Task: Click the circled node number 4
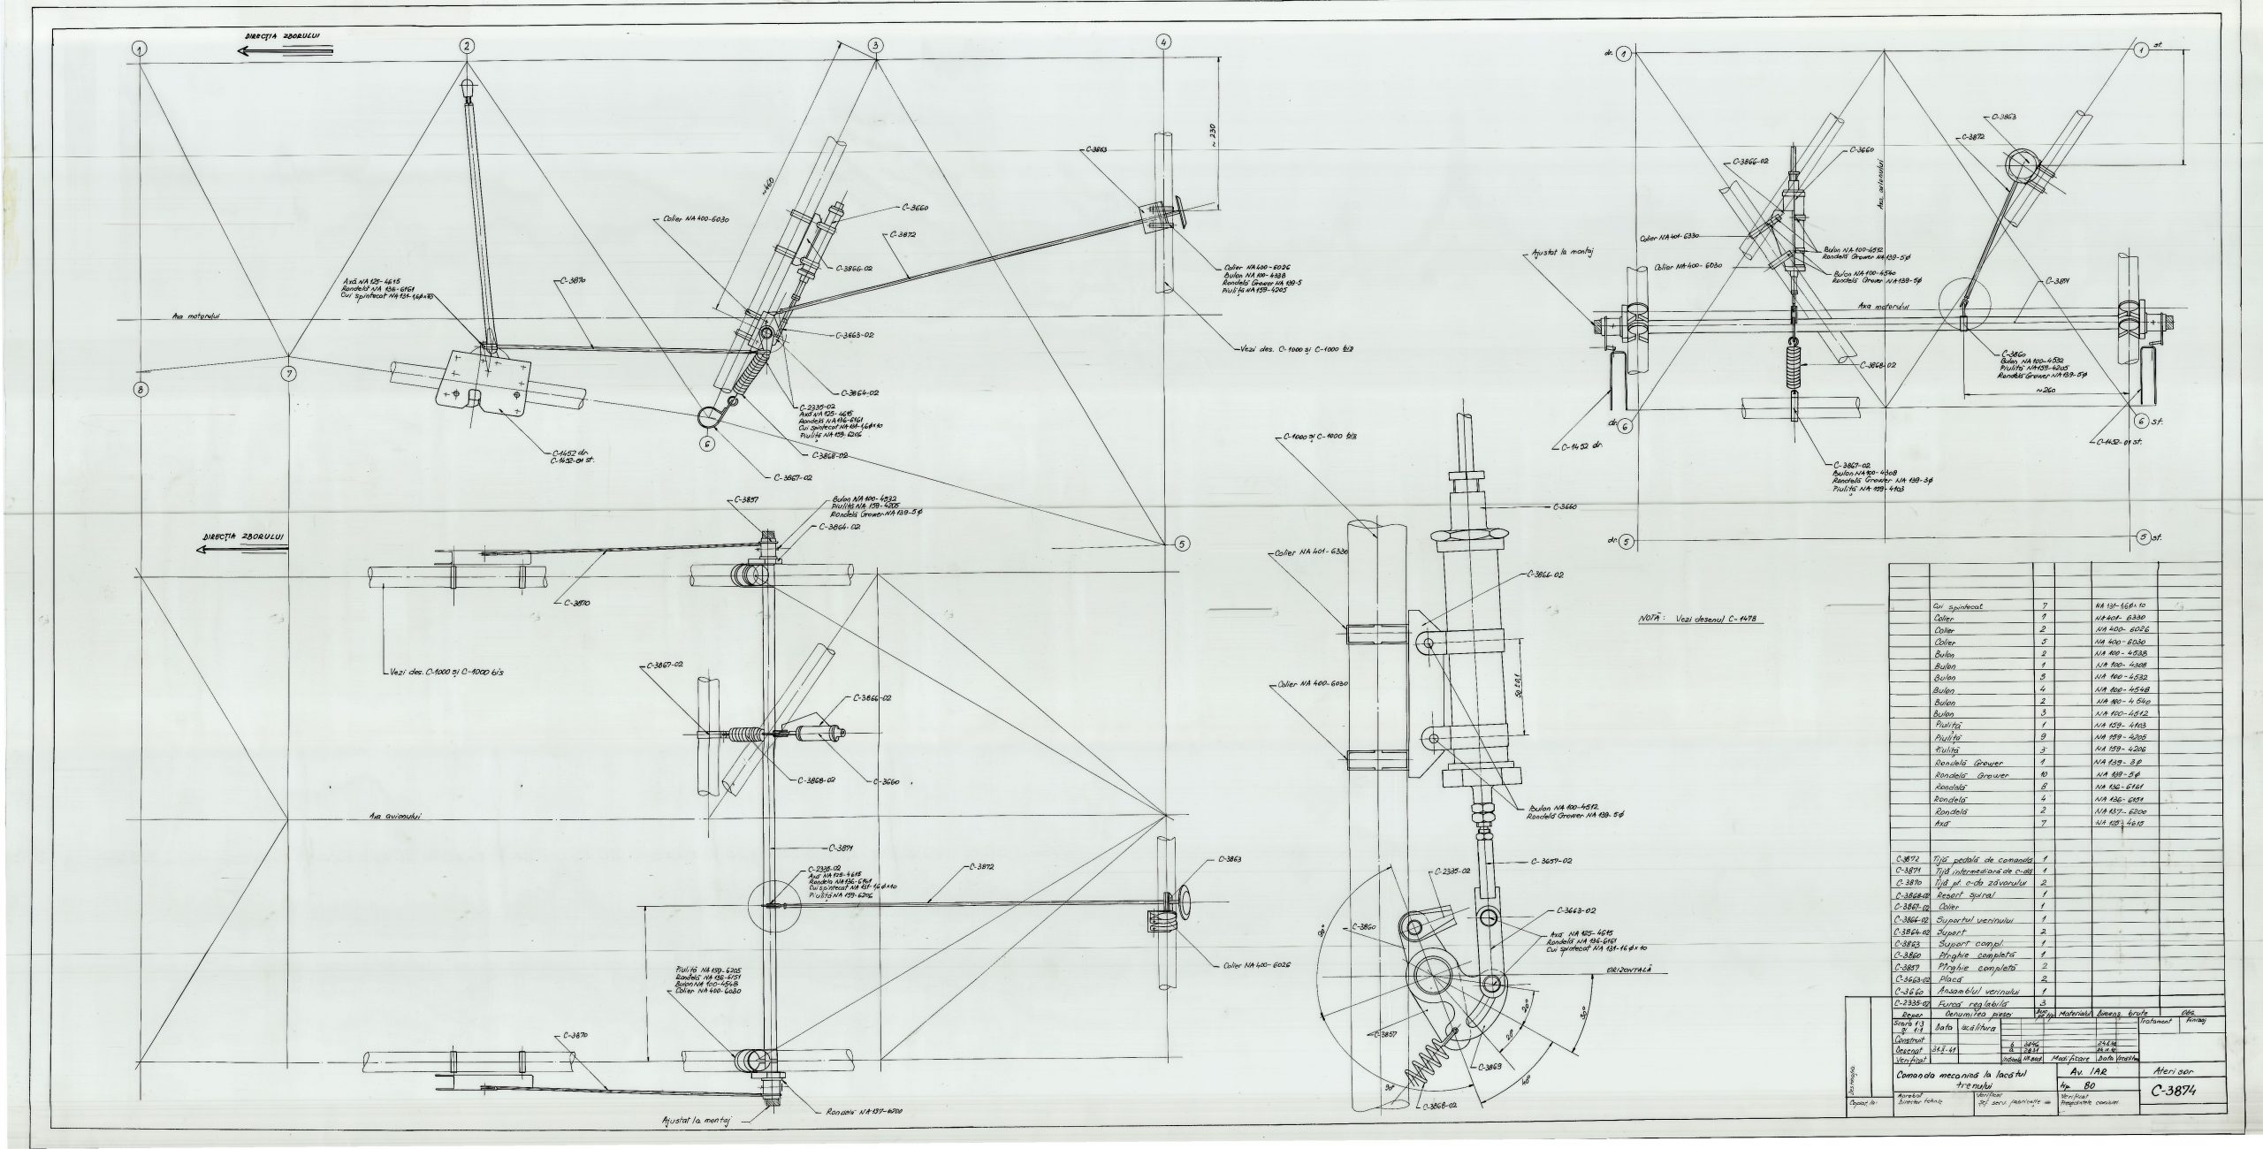coord(1163,42)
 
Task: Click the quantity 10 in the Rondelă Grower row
coord(2047,775)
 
